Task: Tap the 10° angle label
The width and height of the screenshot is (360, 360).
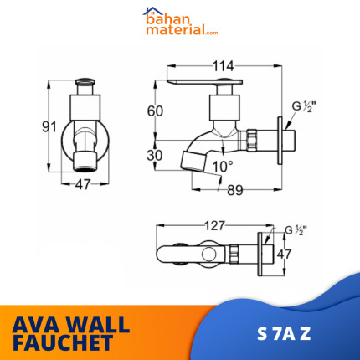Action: pyautogui.click(x=222, y=166)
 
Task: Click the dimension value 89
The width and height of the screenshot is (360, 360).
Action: pyautogui.click(x=234, y=190)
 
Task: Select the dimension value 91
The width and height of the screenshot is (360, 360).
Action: pyautogui.click(x=49, y=126)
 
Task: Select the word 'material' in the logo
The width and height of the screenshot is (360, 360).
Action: pyautogui.click(x=172, y=32)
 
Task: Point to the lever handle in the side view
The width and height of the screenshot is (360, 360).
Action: pyautogui.click(x=205, y=85)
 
